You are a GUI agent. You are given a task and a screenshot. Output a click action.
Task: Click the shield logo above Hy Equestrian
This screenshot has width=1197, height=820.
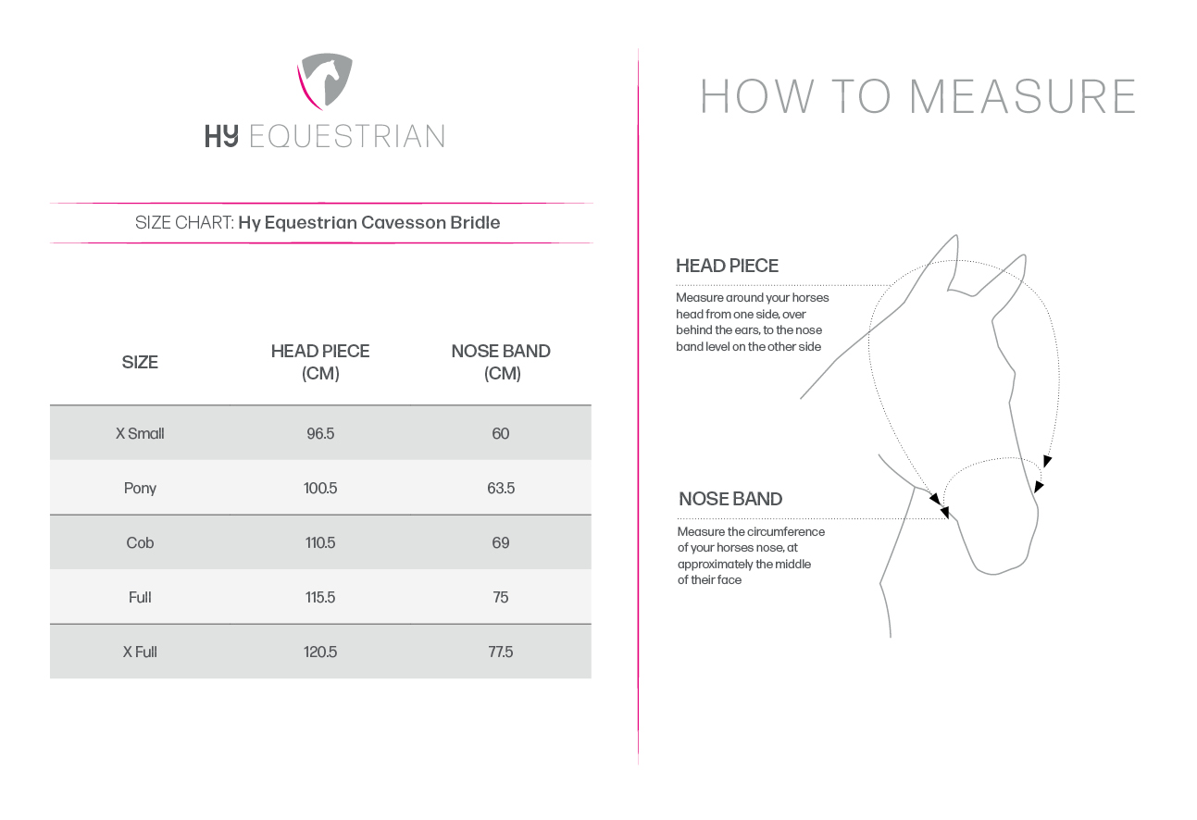click(325, 82)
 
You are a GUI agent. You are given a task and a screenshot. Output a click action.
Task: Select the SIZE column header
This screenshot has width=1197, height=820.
click(140, 362)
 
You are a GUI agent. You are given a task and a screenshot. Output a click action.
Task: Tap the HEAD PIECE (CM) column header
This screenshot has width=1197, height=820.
click(320, 362)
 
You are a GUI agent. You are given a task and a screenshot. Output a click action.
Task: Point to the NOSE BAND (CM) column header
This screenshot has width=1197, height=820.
click(501, 362)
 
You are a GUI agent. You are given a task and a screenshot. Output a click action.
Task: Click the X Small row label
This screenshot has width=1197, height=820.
click(140, 433)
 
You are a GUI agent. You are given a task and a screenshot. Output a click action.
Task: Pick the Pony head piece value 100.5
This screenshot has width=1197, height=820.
click(320, 488)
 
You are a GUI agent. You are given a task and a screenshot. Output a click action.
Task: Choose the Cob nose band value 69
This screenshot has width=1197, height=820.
click(501, 542)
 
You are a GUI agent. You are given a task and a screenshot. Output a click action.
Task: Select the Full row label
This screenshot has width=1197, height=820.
click(140, 597)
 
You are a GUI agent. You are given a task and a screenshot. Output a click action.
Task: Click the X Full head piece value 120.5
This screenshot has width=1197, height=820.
click(320, 652)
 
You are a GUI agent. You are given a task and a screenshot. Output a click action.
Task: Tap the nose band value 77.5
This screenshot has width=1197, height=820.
click(501, 652)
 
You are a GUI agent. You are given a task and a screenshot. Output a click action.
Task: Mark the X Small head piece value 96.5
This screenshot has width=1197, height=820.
click(320, 433)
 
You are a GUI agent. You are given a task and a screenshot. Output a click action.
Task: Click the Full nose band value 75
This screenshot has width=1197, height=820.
click(501, 597)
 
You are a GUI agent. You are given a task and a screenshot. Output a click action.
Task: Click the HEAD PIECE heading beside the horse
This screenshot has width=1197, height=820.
click(727, 266)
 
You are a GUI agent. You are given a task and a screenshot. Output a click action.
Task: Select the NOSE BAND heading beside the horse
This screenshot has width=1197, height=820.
click(730, 499)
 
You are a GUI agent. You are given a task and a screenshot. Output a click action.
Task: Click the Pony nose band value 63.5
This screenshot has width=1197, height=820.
click(501, 488)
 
